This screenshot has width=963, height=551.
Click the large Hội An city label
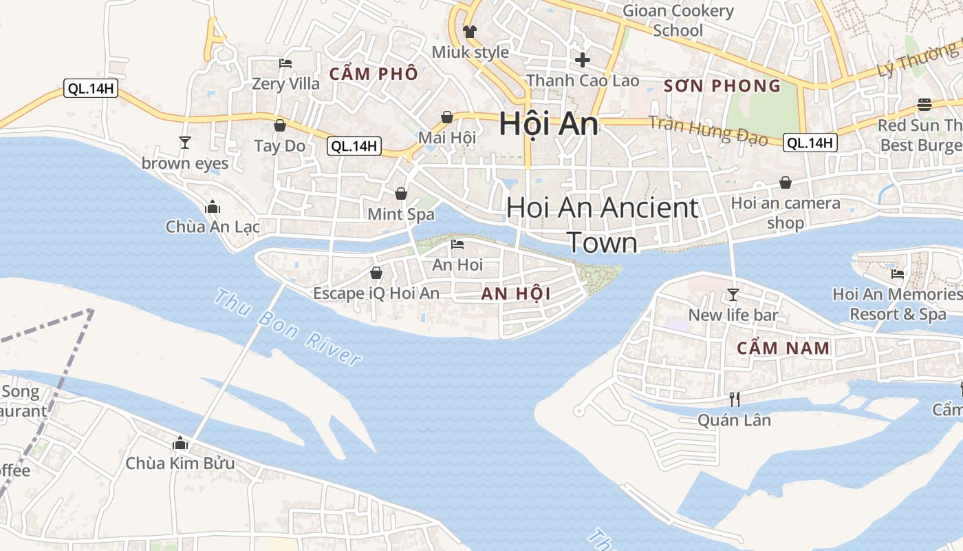548,124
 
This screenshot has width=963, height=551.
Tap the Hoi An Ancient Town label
603,225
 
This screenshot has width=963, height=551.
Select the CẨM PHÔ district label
374,73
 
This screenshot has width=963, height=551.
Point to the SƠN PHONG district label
722,86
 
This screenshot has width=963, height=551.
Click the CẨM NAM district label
783,348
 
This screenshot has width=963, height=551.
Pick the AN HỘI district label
516,294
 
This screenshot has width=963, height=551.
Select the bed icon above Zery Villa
285,63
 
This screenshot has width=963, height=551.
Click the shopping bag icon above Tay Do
280,125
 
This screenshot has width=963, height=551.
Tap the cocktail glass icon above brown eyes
184,143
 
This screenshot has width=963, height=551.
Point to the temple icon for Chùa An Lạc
213,207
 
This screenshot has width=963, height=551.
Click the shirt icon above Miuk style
470,31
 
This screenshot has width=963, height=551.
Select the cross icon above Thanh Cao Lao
583,60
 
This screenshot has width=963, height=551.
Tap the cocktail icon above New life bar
733,295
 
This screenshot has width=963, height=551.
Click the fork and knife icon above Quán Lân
734,399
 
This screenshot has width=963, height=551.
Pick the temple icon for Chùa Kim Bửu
180,443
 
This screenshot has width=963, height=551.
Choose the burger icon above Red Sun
924,105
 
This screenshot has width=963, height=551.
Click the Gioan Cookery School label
678,21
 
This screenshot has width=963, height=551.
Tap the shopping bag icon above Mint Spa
401,194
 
